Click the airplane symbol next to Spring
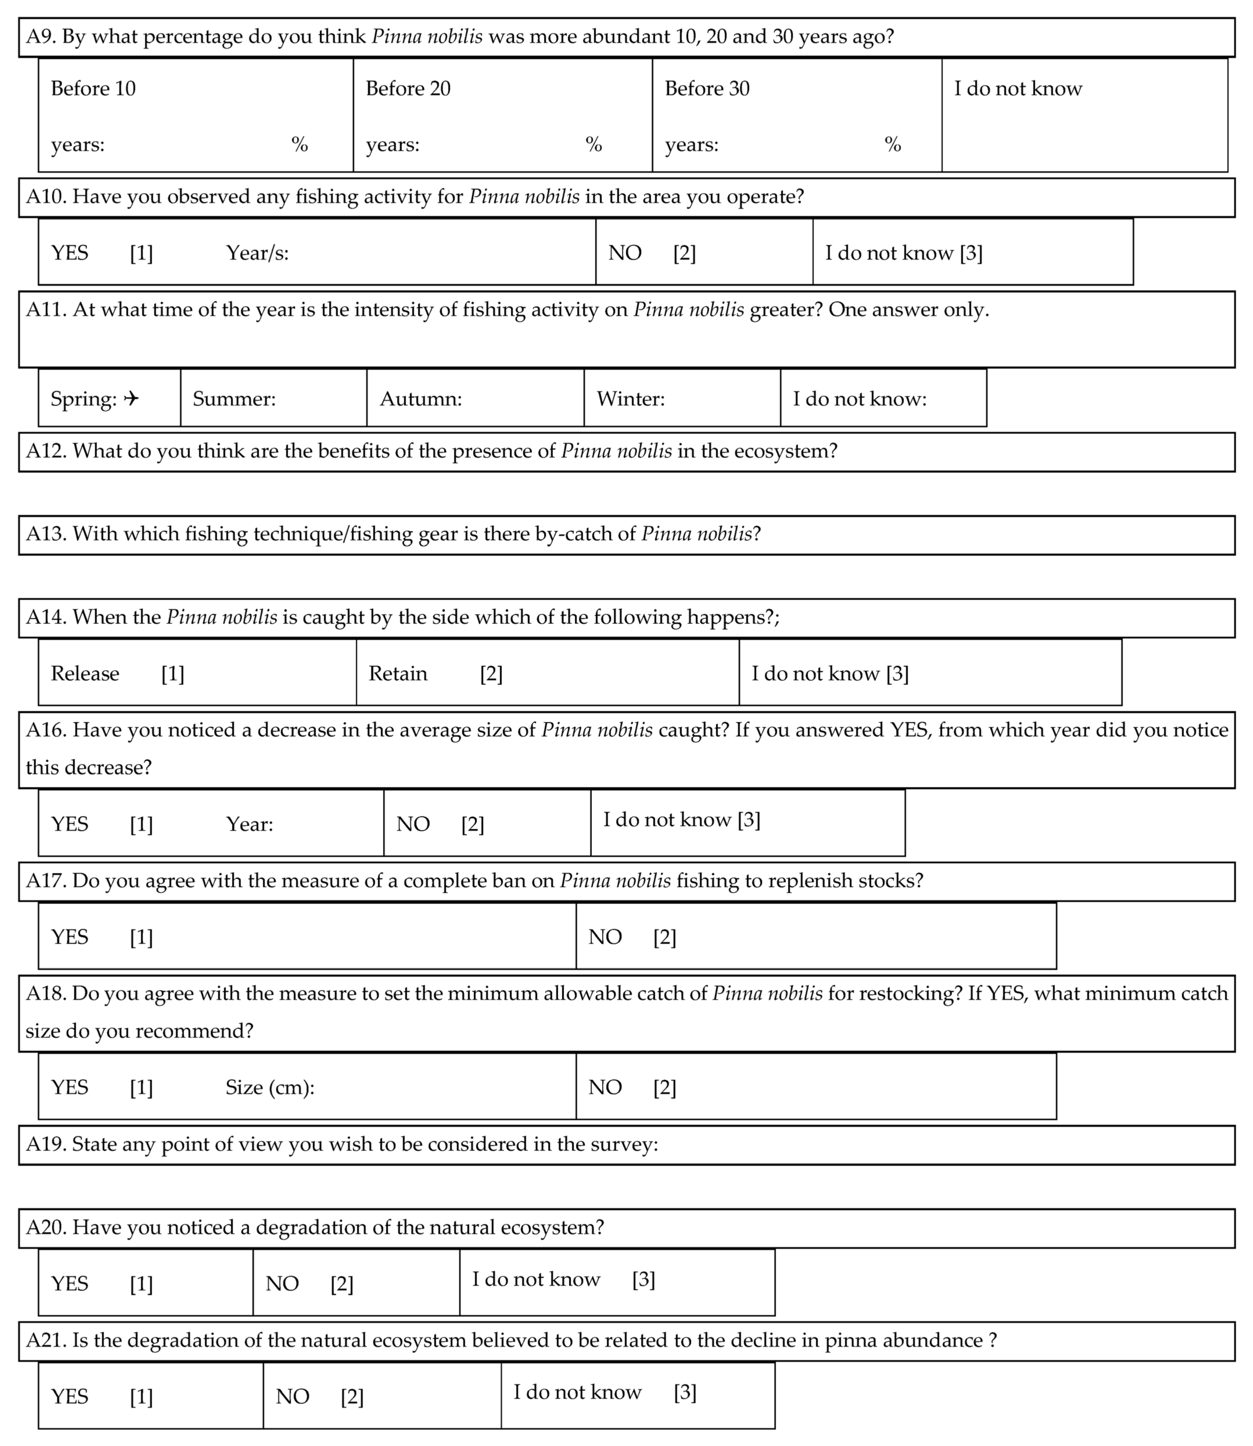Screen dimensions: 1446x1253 131,399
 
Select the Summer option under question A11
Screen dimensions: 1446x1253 234,399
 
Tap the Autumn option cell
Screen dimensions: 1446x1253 421,399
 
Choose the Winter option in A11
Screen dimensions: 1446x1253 631,399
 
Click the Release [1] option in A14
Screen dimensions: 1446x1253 117,673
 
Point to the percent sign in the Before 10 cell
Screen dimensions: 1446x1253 299,145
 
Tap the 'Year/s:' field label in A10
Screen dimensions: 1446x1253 257,253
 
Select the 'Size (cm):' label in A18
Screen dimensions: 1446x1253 270,1087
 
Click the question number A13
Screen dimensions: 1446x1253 46,534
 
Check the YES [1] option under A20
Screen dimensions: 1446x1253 102,1284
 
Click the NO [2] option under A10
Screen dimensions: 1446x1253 652,253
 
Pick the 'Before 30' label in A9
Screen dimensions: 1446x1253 707,89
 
